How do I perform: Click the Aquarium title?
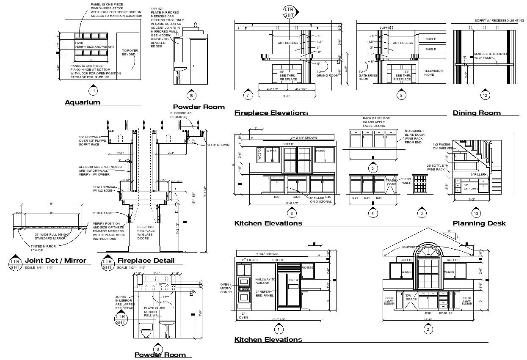pos(83,102)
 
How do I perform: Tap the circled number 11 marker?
pos(93,90)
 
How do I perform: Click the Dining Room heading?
pos(477,113)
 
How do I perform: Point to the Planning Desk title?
pos(479,223)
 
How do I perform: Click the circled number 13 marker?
pos(477,214)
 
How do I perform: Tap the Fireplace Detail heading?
pos(146,261)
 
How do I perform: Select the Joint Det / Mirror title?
pos(55,261)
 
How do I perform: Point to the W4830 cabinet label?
pos(307,268)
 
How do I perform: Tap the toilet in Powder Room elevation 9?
pos(146,330)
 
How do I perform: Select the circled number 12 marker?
pos(485,95)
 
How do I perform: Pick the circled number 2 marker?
pos(428,329)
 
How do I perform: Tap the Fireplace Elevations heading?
pos(271,113)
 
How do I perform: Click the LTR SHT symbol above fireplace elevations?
pos(289,12)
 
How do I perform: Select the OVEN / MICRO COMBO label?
pos(226,289)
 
